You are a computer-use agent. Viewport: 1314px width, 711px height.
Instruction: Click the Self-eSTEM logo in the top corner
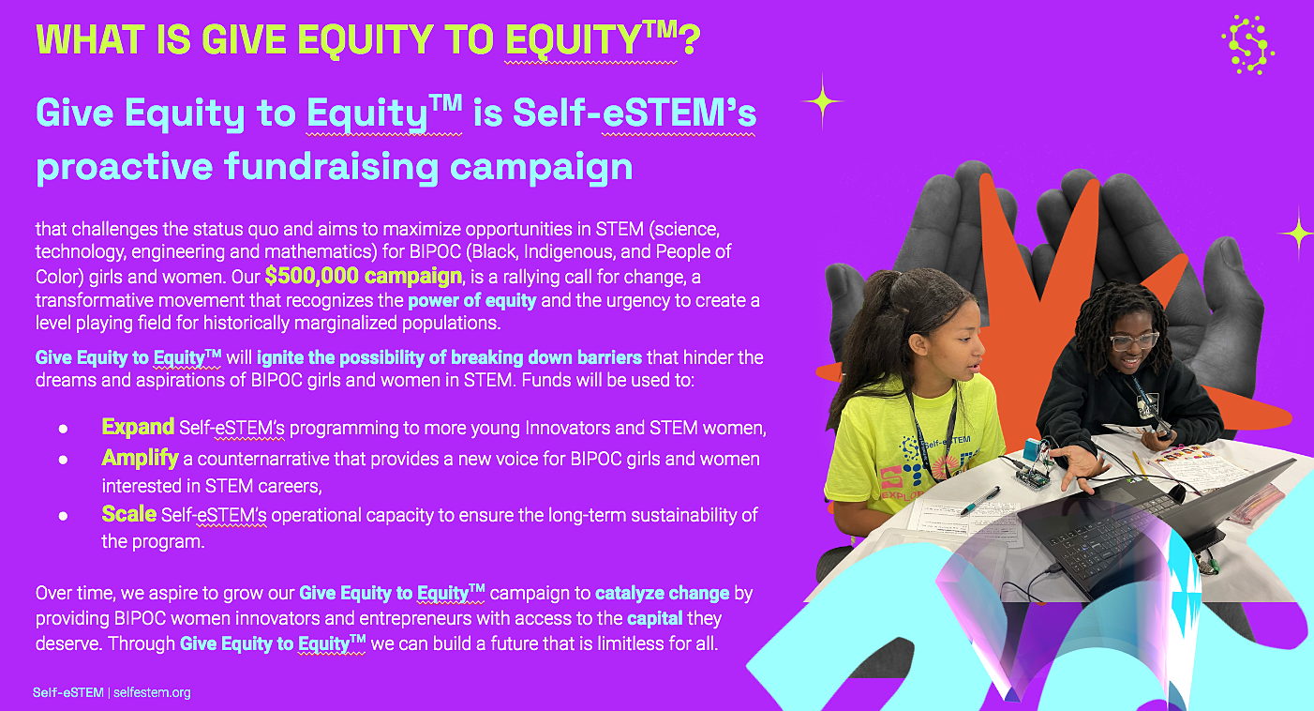point(1247,45)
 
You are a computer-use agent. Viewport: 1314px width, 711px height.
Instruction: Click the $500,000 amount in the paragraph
point(311,276)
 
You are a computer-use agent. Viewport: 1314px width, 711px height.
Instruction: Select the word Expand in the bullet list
point(138,427)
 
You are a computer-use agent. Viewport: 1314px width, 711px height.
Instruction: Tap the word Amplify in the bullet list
point(140,458)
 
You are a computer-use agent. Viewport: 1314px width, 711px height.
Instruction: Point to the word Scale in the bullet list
point(128,514)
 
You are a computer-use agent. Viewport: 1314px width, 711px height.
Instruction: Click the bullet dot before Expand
point(63,430)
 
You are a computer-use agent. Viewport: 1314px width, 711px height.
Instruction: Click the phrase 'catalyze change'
point(662,593)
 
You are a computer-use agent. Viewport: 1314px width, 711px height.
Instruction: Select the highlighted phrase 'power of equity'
point(471,300)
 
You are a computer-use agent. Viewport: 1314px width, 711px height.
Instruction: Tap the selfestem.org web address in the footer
point(152,693)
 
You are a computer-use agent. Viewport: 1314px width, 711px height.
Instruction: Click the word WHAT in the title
point(90,40)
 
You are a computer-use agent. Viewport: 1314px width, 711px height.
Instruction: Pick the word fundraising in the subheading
point(332,166)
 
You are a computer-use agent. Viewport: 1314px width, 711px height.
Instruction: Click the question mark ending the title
point(689,40)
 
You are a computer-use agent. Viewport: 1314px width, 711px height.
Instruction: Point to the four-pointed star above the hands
point(823,101)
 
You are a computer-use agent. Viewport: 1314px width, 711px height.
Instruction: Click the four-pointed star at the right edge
point(1297,234)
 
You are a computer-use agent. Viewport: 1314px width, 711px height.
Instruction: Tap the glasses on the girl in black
point(1134,340)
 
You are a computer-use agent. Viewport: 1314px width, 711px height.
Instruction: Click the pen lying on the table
point(980,501)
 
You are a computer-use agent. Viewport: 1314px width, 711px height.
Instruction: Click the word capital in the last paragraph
point(654,618)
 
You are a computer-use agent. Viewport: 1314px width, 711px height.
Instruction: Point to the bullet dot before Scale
point(63,516)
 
